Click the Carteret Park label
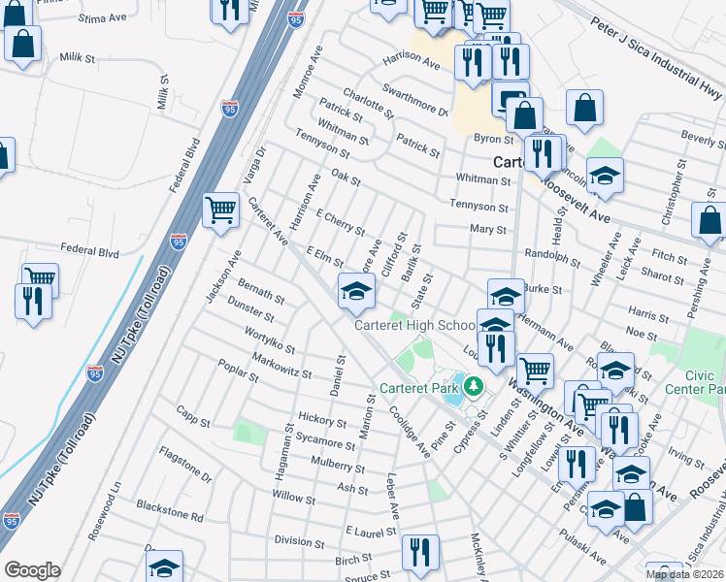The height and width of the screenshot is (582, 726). [x=419, y=387]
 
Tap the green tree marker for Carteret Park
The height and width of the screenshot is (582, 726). [x=474, y=386]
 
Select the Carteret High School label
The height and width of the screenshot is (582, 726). [x=414, y=326]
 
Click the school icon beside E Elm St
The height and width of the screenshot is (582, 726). [x=356, y=290]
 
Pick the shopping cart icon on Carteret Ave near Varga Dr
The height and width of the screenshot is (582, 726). [x=221, y=209]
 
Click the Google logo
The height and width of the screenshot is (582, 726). [x=32, y=570]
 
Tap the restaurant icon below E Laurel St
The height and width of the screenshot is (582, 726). [x=420, y=552]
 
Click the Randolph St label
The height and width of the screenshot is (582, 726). [x=551, y=262]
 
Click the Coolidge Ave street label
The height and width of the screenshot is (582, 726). [x=411, y=432]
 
